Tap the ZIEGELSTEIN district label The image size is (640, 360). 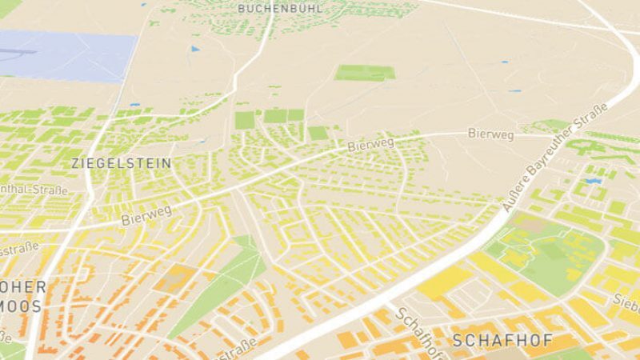click(x=122, y=162)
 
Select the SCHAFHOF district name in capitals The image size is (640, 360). click(x=502, y=340)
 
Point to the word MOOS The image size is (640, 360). click(x=23, y=306)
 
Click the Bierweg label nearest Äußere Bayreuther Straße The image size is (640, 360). click(x=490, y=134)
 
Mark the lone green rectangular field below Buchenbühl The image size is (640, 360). click(x=364, y=72)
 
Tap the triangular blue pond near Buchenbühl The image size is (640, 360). click(x=194, y=49)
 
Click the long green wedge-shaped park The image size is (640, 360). click(x=220, y=284)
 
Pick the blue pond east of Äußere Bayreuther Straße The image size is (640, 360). click(x=593, y=182)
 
